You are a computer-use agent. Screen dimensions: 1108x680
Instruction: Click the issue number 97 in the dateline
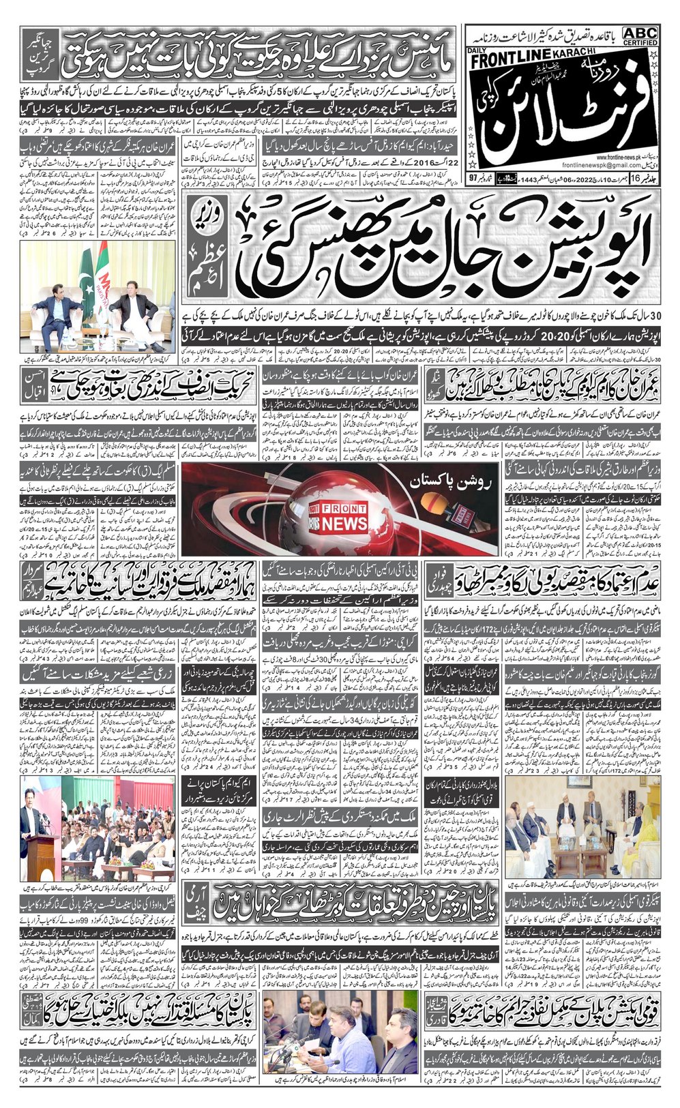point(473,196)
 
